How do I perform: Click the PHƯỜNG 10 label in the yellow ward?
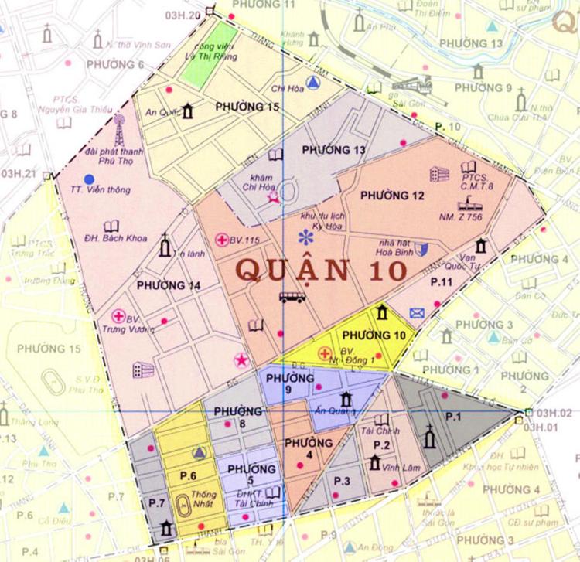(x=374, y=335)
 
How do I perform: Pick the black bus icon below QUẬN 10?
(x=292, y=297)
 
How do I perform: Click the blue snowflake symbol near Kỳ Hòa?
(x=308, y=237)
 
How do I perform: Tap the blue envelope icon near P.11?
(x=418, y=313)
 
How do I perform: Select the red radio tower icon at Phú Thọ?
(x=118, y=131)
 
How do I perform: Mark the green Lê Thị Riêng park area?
(x=208, y=53)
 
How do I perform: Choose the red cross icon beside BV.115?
(x=222, y=240)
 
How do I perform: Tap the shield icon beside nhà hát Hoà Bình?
(x=421, y=248)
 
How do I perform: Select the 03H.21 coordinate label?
(x=19, y=173)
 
